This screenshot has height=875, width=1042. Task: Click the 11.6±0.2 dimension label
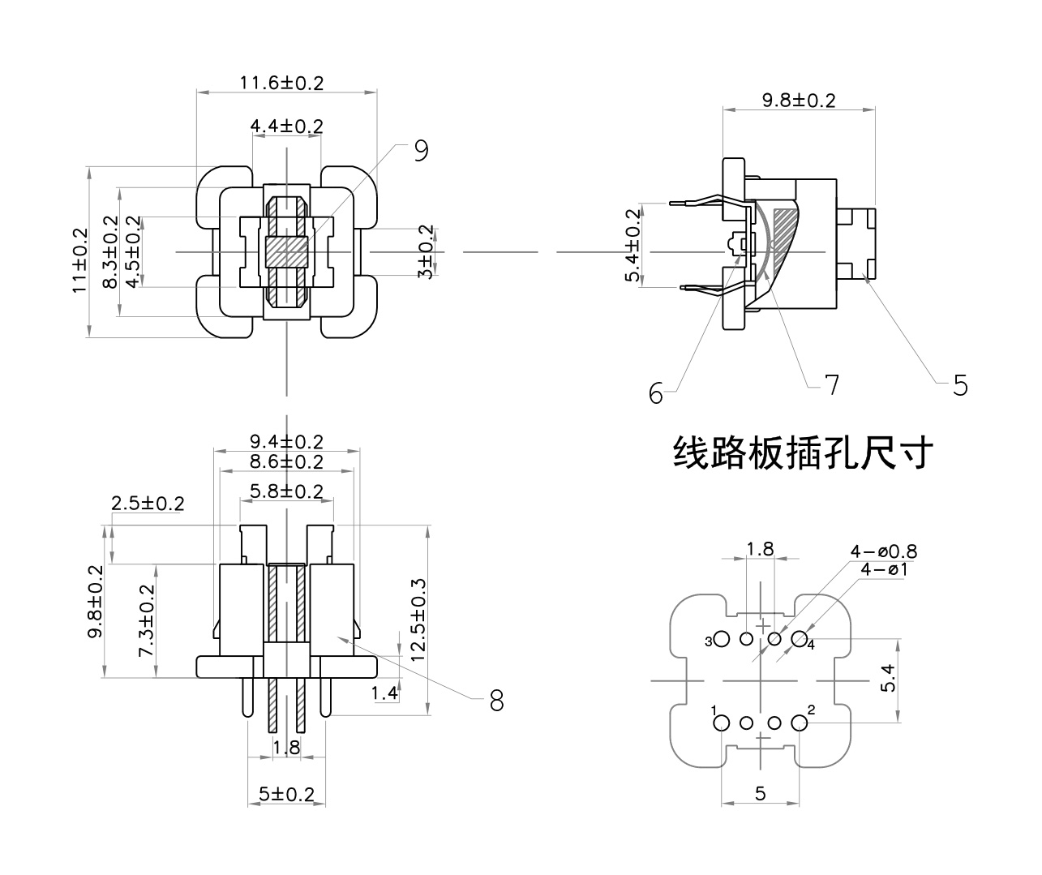(281, 83)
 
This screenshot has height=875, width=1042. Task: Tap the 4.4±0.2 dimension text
(286, 127)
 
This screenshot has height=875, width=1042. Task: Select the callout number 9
(421, 151)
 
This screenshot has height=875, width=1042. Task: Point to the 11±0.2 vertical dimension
(79, 259)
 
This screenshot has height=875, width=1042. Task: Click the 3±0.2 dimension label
(426, 252)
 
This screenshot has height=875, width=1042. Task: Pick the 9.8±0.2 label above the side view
(799, 101)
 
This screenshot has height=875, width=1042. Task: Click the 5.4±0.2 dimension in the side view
(633, 246)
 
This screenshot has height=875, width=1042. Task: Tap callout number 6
(656, 394)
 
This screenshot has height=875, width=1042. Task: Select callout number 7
(831, 384)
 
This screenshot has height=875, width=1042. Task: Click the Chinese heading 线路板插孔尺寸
(803, 453)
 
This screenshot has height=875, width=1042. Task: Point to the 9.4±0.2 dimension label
(286, 442)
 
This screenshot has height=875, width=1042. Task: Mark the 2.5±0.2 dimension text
(148, 504)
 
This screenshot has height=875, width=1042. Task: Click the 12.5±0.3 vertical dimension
(418, 620)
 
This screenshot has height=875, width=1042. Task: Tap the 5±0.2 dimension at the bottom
(286, 795)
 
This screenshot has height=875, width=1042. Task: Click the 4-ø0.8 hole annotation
(883, 552)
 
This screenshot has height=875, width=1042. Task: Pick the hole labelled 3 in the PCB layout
(723, 639)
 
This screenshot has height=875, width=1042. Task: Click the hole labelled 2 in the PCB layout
(799, 723)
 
